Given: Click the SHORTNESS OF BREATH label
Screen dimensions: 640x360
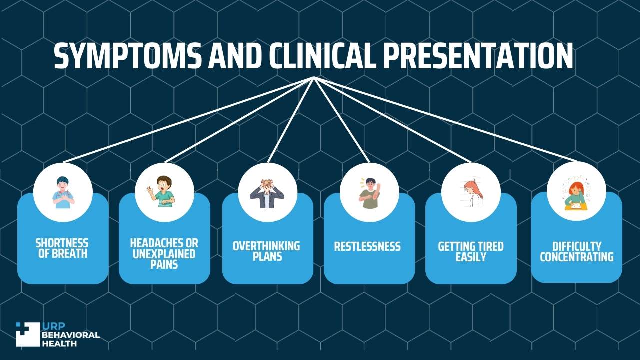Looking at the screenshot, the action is click(x=62, y=248).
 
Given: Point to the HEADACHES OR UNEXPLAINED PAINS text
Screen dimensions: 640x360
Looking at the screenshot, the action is click(x=164, y=254).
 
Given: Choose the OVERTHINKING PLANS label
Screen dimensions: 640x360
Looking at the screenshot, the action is click(x=267, y=251).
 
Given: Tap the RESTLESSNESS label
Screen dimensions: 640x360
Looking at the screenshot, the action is click(x=367, y=247).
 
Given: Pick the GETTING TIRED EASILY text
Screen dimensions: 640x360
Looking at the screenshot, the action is click(x=471, y=251).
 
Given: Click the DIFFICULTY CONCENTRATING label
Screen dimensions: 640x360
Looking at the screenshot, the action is click(x=577, y=251).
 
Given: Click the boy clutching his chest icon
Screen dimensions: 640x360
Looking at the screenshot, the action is click(x=63, y=192).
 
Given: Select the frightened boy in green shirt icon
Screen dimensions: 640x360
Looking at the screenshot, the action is click(x=161, y=191).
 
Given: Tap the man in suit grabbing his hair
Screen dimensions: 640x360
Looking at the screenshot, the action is click(x=267, y=194).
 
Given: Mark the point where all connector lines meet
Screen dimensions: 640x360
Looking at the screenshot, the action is click(x=314, y=77).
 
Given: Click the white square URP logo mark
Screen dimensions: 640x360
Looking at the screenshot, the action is click(x=27, y=334).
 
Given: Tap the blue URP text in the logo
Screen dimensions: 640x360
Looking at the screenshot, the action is click(x=53, y=326).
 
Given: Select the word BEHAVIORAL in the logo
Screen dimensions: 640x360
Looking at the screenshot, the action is click(x=71, y=335).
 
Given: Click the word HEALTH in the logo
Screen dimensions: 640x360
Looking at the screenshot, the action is click(x=59, y=343).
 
